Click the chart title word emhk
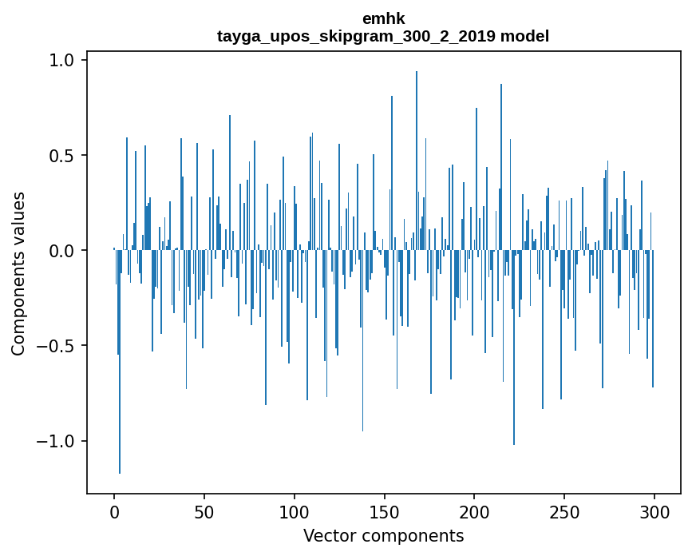tap(383, 19)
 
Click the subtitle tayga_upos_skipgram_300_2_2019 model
tap(383, 36)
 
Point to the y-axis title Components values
tap(18, 273)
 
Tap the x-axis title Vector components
tap(383, 535)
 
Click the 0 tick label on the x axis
tap(114, 511)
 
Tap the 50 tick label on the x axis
tap(204, 511)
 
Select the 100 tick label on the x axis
tap(295, 511)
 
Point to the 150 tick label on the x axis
tap(385, 511)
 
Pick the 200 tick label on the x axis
tap(475, 511)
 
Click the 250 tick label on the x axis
tap(564, 511)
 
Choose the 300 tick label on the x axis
tap(654, 511)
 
